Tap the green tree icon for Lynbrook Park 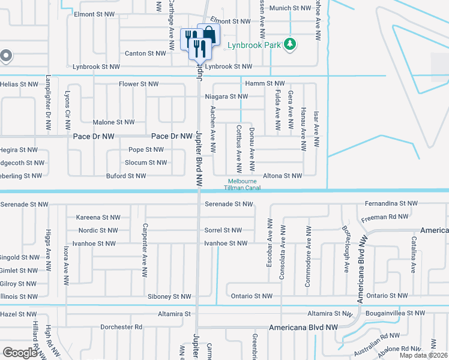coord(290,43)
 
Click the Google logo coord(20,352)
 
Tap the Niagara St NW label coord(225,96)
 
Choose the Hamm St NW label coord(264,83)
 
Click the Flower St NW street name coord(139,84)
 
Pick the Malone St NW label coord(113,122)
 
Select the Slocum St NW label coord(145,163)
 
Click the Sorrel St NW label coord(223,230)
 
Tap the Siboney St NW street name coord(169,296)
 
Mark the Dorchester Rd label coord(121,327)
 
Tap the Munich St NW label coord(290,8)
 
